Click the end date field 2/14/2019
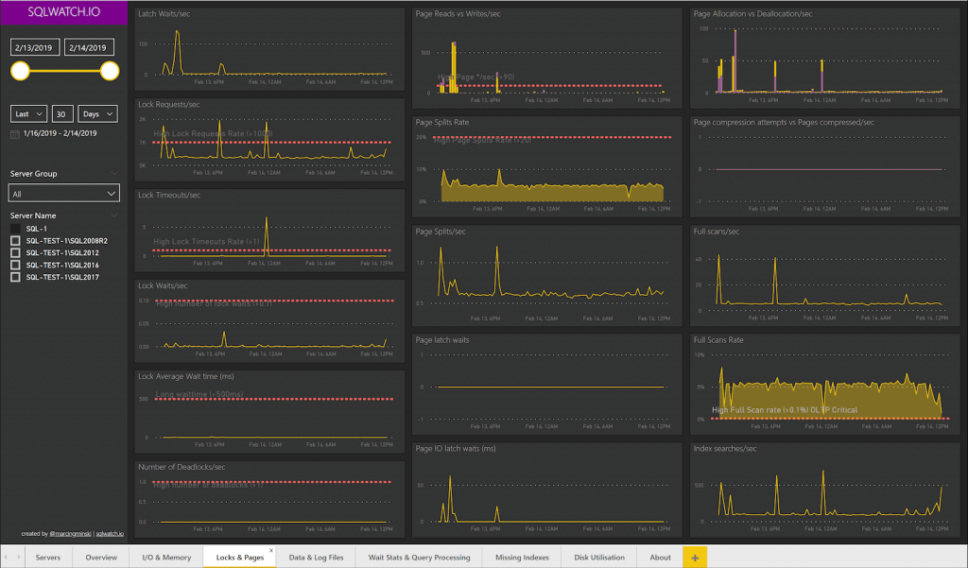91,46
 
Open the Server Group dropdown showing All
64,193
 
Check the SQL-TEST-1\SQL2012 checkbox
15,253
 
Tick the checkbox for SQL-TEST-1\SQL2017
15,278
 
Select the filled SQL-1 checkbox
15,229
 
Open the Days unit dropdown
97,113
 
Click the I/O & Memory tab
165,557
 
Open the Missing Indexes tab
520,557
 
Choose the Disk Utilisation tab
599,557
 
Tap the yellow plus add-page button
695,557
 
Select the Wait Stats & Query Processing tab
419,557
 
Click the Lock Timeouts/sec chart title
169,195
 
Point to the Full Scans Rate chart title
718,340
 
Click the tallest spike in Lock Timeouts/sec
267,219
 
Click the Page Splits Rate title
442,123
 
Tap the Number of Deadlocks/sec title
181,467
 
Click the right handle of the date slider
110,71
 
